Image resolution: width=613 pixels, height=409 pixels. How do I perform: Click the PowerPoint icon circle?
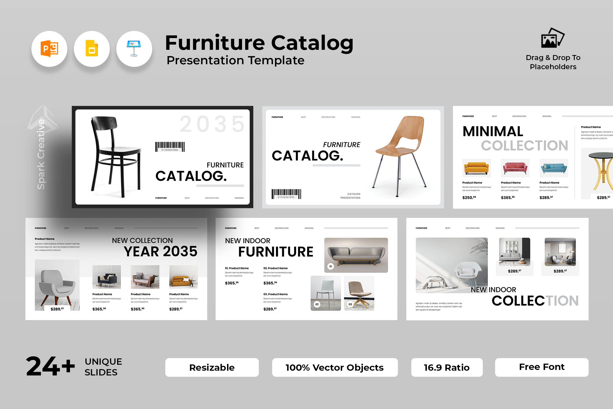coord(49,49)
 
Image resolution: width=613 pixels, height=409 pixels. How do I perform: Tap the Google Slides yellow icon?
coord(92,49)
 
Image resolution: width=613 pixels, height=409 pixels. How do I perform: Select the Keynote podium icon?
coord(134,49)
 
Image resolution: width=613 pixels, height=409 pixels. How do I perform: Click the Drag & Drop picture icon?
coord(552,38)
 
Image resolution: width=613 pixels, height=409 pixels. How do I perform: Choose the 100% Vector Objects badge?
coord(335,367)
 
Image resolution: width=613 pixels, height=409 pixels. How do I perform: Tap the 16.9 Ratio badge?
coord(447,367)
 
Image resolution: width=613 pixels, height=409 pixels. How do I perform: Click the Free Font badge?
coord(541,367)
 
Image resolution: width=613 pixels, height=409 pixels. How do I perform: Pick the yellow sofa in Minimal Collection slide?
coord(476,168)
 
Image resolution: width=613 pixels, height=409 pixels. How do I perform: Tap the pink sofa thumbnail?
coord(515,168)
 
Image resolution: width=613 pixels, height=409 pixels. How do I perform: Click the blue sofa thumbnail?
coord(554,168)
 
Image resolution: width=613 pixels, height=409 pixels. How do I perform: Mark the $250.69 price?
coord(469,197)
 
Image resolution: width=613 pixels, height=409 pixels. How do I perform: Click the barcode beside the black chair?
coord(170,147)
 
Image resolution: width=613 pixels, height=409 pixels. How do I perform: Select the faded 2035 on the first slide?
coord(212,124)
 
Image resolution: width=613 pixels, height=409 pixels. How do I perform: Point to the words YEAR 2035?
coord(160,251)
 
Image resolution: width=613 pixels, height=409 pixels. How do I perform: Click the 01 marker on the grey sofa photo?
coord(331,266)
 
